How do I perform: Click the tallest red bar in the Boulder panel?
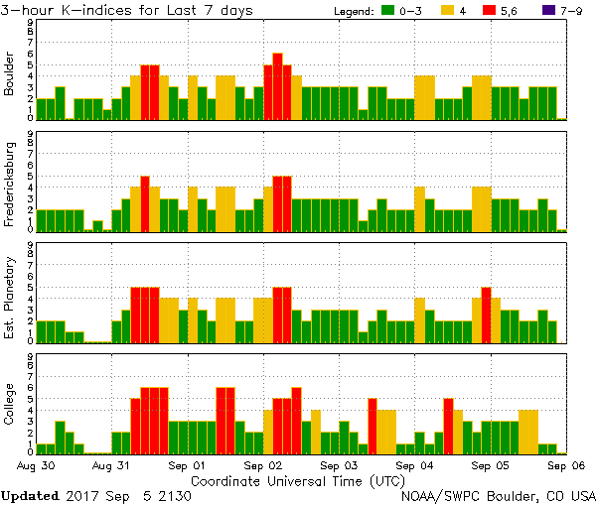[x=277, y=86]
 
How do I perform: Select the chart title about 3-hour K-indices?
[x=126, y=11]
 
